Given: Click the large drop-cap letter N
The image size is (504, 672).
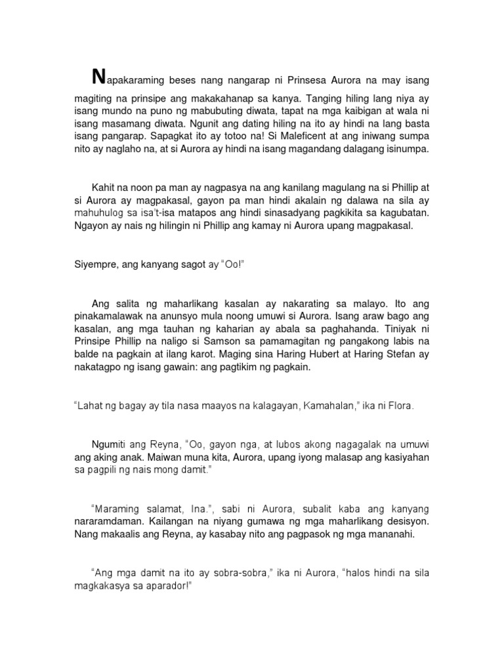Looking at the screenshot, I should (98, 77).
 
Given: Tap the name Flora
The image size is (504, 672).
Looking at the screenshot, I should (401, 407).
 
